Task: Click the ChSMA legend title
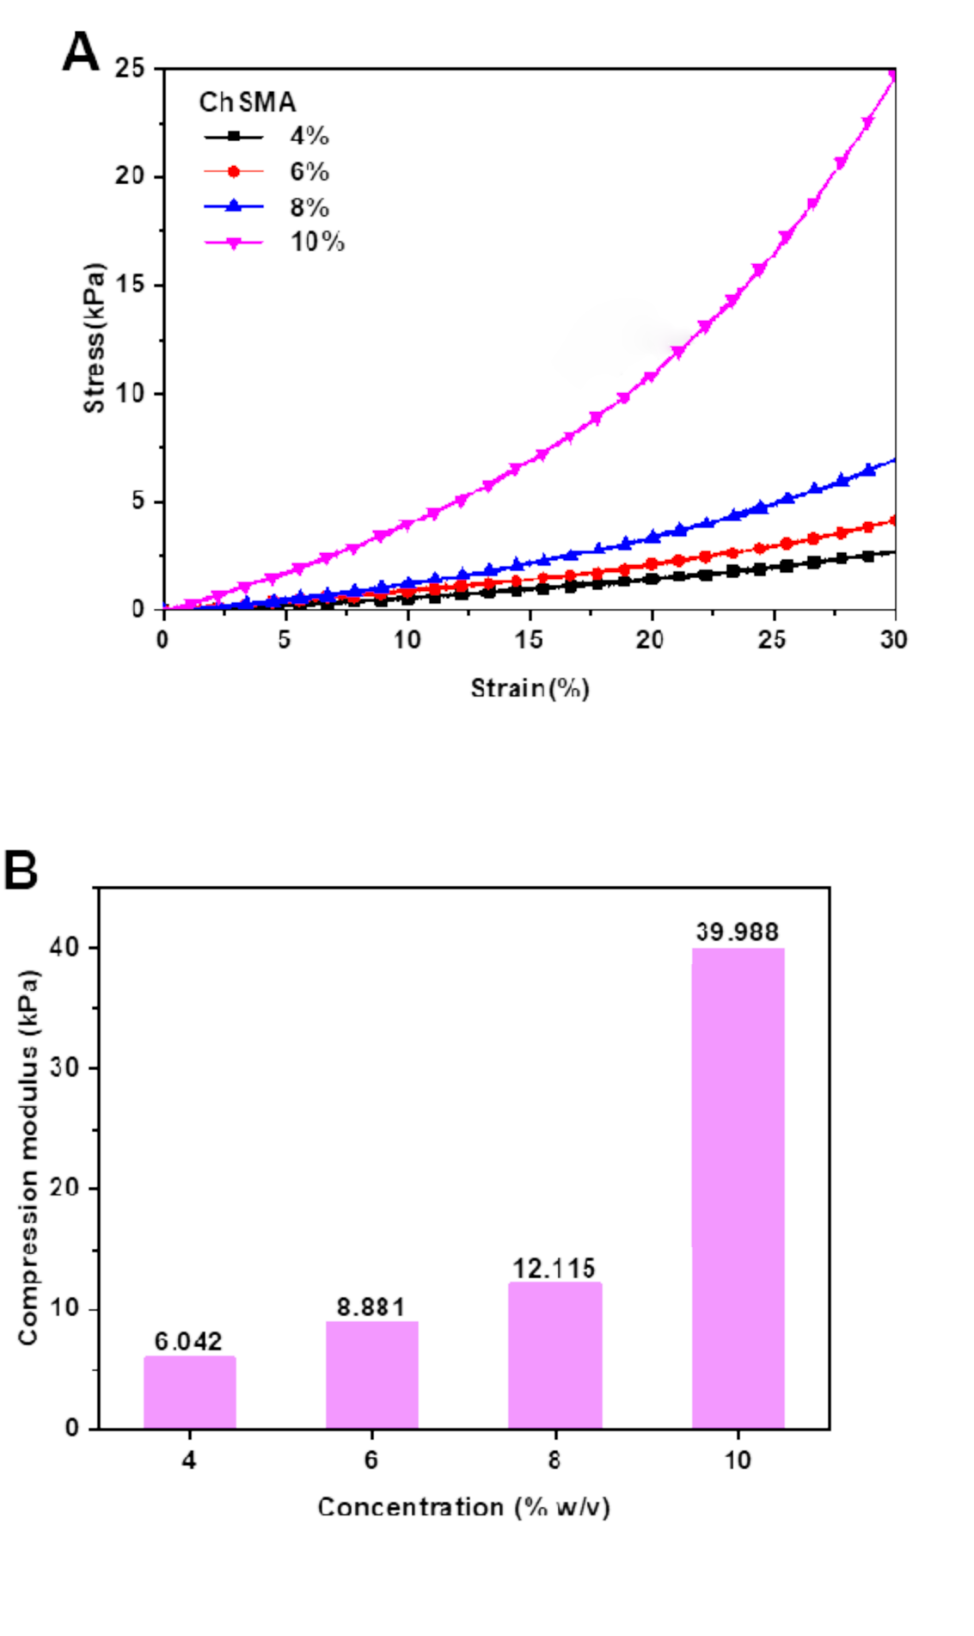[x=248, y=102]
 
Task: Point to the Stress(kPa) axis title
[x=95, y=338]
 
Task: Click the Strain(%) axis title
[x=530, y=688]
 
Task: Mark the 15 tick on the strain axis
[x=529, y=640]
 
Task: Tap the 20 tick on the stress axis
[x=129, y=176]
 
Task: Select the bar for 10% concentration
[x=738, y=1187]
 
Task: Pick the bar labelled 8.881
[x=371, y=1375]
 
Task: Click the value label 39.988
[x=737, y=932]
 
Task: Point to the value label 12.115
[x=554, y=1268]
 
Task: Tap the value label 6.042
[x=188, y=1341]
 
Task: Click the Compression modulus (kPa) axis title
[x=28, y=1158]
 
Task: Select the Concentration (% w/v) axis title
[x=463, y=1507]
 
